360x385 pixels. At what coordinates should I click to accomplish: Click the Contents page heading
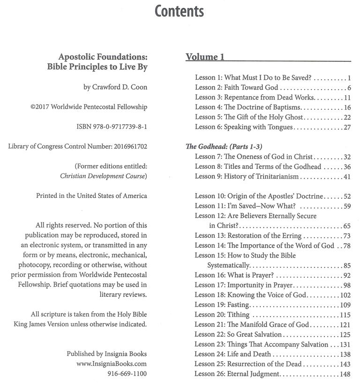click(x=180, y=11)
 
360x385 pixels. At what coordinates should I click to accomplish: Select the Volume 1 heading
click(x=205, y=57)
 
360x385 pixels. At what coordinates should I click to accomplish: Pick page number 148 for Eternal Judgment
click(x=345, y=374)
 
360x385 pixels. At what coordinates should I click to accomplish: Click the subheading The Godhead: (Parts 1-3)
click(x=219, y=147)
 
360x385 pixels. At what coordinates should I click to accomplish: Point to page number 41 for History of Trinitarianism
click(x=347, y=177)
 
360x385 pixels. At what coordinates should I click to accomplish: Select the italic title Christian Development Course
click(x=104, y=176)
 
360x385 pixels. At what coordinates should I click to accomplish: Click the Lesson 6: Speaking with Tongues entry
click(x=244, y=127)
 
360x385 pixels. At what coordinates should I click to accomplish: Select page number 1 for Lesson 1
click(x=350, y=78)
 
